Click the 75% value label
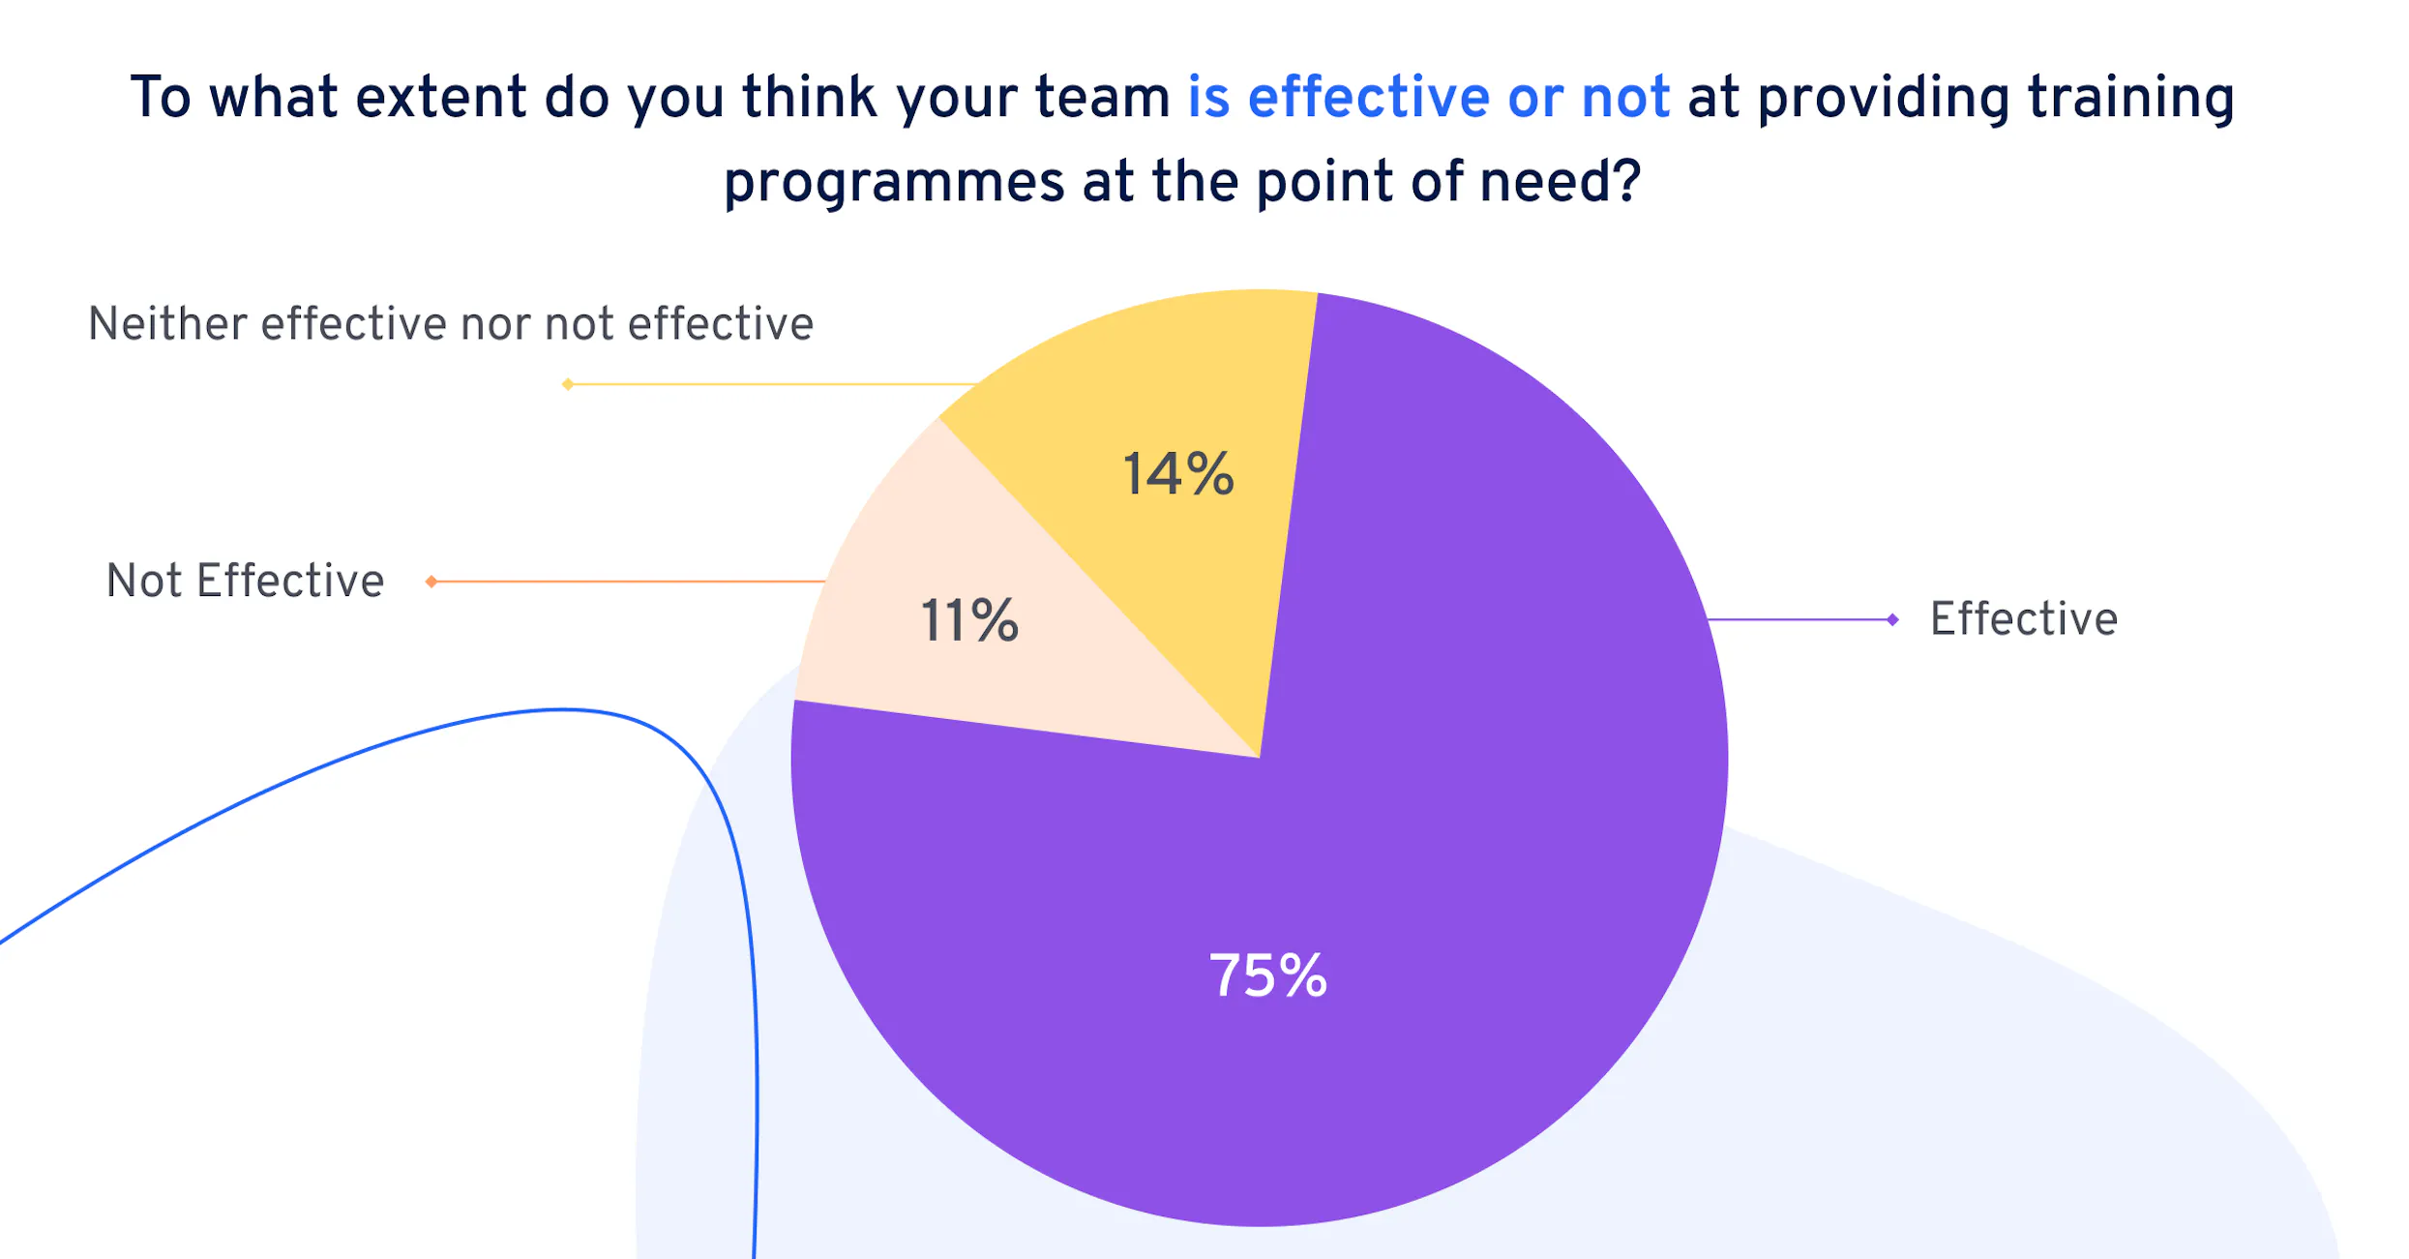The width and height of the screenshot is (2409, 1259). [1267, 975]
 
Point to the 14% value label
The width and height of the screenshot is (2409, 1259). [1178, 474]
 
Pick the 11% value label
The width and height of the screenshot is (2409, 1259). [969, 620]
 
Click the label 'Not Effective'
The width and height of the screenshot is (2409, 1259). [245, 582]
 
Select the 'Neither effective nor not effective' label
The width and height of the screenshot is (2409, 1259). [450, 324]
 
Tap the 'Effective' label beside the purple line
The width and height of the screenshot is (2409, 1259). [2024, 619]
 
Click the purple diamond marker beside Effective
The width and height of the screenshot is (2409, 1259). [1892, 619]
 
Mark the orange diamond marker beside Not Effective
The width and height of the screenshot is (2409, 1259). [431, 582]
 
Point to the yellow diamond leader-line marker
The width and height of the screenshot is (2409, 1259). [568, 384]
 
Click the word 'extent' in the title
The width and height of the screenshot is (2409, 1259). [440, 98]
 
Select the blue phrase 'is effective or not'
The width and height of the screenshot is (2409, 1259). [1429, 98]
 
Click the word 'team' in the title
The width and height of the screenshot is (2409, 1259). [1103, 99]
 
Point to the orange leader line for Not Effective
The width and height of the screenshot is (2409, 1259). [629, 582]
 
